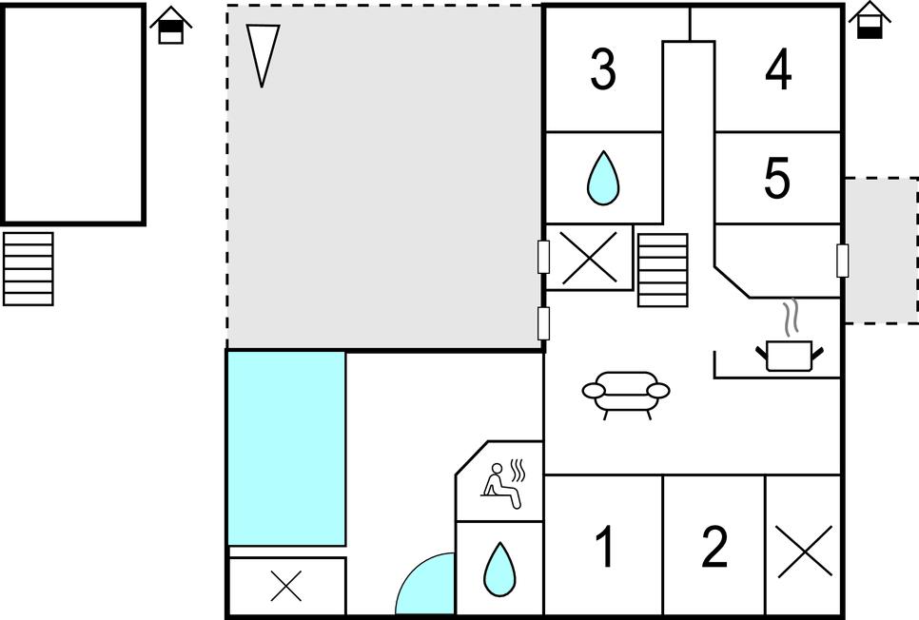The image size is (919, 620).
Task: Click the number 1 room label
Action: pos(603,547)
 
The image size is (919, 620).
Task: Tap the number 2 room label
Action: pos(714,547)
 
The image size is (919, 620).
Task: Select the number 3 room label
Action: pos(603,69)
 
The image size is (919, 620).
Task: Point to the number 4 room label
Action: pos(778,69)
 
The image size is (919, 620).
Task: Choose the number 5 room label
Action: pos(777,178)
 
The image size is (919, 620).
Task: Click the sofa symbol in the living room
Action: pos(626,393)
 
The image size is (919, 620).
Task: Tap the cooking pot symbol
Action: pos(789,355)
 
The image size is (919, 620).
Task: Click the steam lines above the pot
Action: pos(791,319)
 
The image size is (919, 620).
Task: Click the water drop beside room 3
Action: pos(602,179)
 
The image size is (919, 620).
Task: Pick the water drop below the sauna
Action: pos(499,569)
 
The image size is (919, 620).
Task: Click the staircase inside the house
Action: pos(662,269)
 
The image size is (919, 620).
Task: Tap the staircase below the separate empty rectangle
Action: pos(28,268)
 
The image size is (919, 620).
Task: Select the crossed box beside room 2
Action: pos(804,551)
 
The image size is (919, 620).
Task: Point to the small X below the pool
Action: pos(286,586)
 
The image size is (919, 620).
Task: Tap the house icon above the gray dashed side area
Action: pos(868,20)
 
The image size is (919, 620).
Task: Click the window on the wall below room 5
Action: pos(842,260)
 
